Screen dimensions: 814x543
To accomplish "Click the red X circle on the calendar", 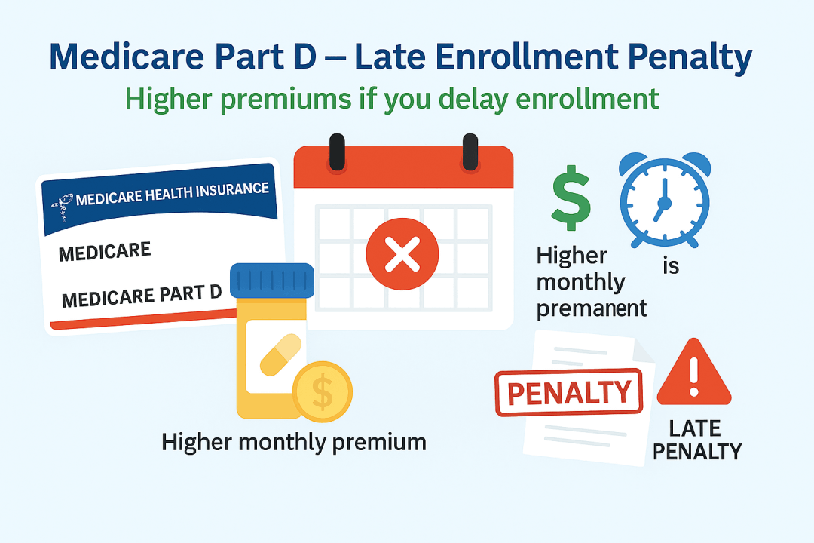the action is click(402, 253).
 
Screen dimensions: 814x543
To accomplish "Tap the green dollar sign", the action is click(571, 198).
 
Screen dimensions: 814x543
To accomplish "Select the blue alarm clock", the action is click(665, 200).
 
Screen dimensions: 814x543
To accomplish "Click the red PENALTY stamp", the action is click(569, 392).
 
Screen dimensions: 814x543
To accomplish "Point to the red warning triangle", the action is click(694, 373).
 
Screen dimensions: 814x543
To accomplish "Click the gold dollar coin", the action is click(323, 391).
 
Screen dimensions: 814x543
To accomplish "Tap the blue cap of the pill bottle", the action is click(272, 281).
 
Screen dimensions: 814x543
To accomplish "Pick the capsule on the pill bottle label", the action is click(280, 355).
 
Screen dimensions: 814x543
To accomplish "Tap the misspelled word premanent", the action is click(592, 308).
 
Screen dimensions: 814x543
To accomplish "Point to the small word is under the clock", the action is click(671, 266).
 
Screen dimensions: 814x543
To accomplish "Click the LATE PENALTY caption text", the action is click(696, 440).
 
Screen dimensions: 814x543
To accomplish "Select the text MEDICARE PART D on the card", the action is click(142, 296).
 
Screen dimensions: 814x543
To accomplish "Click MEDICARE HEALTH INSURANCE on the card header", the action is click(173, 193).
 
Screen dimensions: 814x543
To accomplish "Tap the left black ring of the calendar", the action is click(337, 152).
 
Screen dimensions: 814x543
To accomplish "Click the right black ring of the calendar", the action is click(470, 152).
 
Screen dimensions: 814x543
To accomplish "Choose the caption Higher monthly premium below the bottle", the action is click(294, 443).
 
